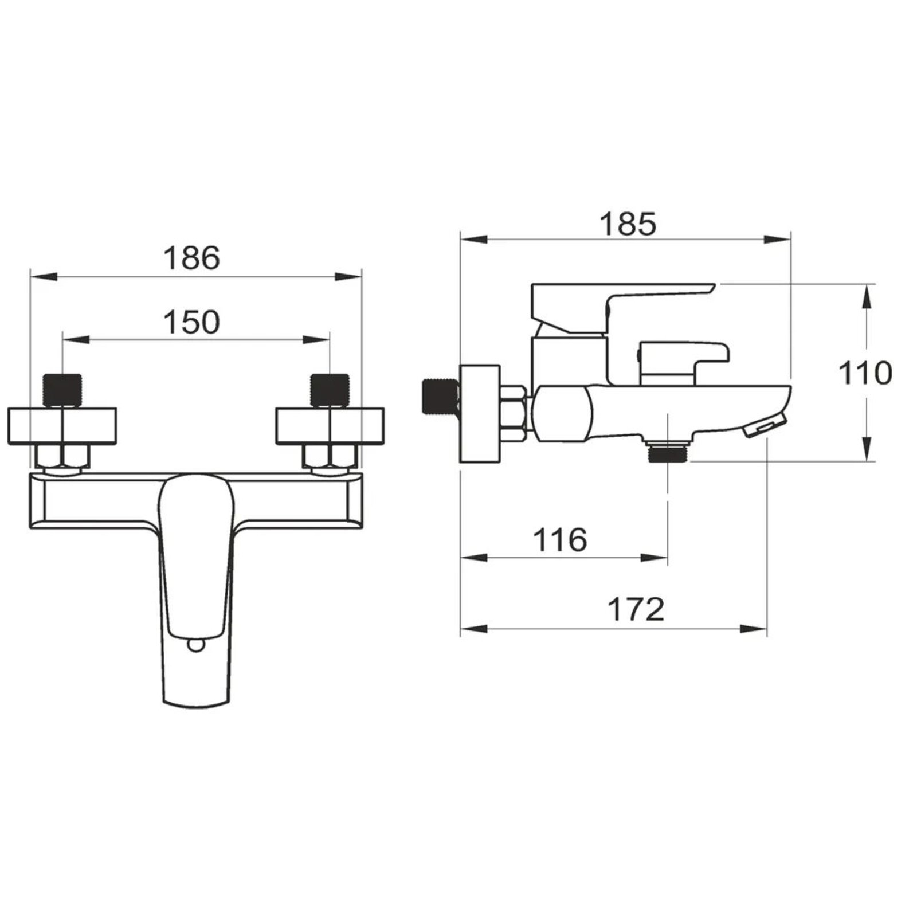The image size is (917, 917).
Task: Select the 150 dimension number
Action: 191,322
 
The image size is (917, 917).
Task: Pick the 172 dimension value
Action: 636,609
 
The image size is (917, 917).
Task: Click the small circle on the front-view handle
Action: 195,646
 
